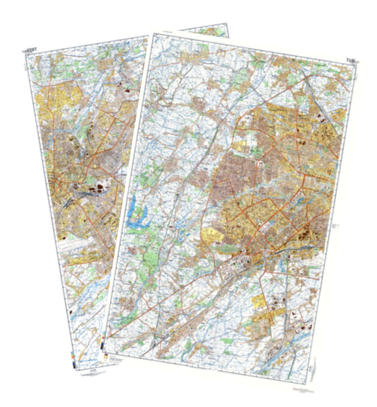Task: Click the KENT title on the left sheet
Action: point(33,50)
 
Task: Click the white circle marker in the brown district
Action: point(261,164)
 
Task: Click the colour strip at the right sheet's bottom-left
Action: point(107,346)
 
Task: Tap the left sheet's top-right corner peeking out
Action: point(228,26)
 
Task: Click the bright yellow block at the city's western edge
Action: point(211,237)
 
